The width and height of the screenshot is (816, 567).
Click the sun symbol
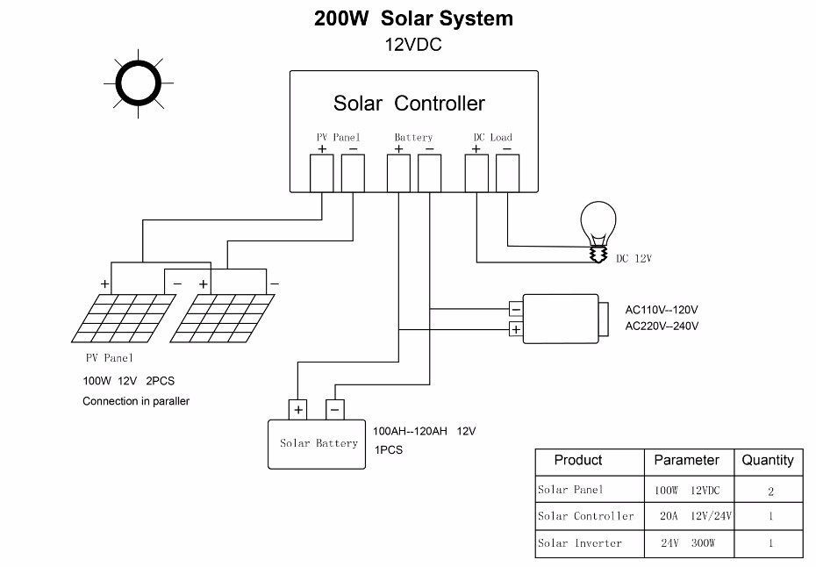(x=139, y=83)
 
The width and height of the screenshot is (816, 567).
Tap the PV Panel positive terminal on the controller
(x=322, y=174)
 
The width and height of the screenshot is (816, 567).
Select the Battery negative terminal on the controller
(x=429, y=174)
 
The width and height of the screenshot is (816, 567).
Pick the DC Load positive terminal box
(x=476, y=174)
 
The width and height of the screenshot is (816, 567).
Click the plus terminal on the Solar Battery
(x=298, y=410)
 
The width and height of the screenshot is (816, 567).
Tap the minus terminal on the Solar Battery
(x=334, y=410)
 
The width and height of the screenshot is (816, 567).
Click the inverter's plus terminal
(x=516, y=329)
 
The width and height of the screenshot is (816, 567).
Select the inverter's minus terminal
(x=516, y=310)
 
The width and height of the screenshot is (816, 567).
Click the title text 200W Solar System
(x=414, y=18)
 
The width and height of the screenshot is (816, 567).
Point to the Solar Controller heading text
(x=409, y=103)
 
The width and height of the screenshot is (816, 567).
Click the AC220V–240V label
(x=662, y=326)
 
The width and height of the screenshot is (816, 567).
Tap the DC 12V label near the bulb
(x=633, y=258)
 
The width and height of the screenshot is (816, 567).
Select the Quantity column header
(x=768, y=460)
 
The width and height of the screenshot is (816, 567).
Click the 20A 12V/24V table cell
(x=695, y=516)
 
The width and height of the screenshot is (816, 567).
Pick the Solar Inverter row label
(x=580, y=543)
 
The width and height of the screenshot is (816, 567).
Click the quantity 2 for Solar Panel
(x=770, y=491)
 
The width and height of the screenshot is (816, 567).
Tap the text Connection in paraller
(x=136, y=401)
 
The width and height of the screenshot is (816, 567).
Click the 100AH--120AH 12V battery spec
(x=424, y=431)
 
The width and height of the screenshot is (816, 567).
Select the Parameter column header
(x=686, y=460)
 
